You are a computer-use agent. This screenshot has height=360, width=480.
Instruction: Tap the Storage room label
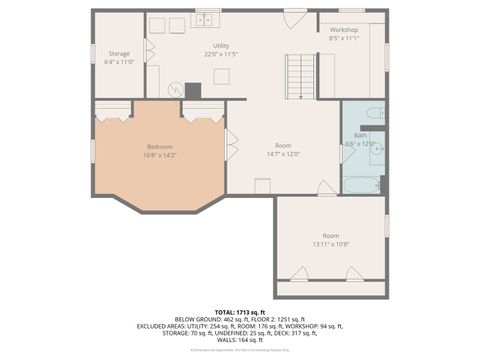pos(119,53)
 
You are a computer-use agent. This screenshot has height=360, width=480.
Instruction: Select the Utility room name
pos(221,46)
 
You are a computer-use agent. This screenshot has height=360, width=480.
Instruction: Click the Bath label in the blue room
pos(360,135)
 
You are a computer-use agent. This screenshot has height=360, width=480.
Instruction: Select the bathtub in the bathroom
pos(361,185)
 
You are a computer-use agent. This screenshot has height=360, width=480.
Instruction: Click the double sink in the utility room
pos(206,19)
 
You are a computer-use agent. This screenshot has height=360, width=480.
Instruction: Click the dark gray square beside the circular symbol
pos(193,90)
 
